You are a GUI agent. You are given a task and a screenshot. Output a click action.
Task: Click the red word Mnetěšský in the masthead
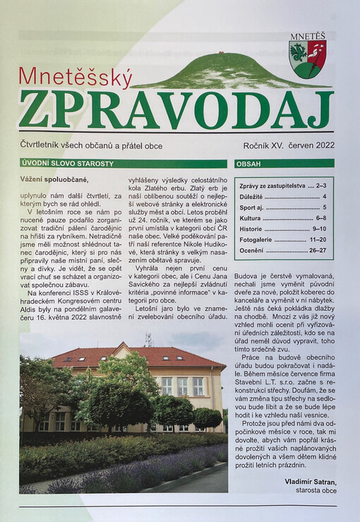75,77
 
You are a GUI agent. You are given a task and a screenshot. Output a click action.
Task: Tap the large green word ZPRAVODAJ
176,110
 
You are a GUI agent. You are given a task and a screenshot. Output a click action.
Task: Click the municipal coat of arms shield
307,59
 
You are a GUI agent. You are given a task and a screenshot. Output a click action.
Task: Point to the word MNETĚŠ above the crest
307,35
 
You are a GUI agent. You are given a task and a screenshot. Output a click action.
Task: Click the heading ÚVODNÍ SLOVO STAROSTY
67,164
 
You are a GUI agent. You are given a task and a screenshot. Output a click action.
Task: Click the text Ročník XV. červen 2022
285,146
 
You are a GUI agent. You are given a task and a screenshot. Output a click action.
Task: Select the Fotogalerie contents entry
255,240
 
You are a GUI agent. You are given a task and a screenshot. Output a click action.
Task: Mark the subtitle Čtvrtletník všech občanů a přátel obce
92,146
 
